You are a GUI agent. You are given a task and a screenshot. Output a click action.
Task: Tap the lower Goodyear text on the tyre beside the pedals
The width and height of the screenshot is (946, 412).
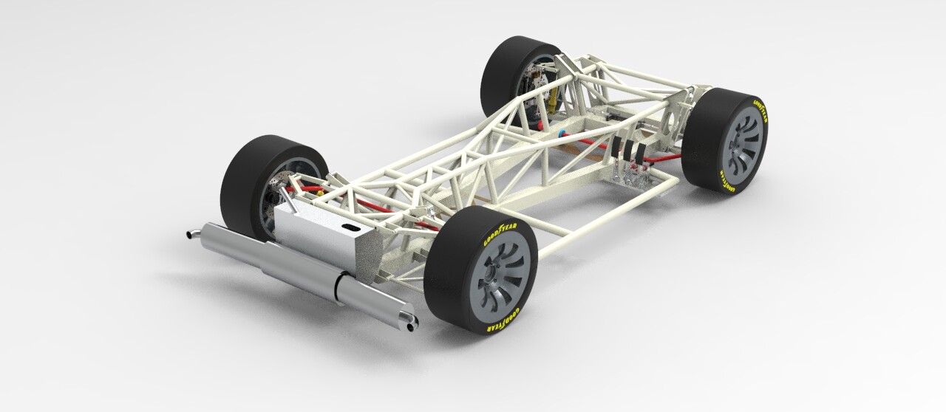tap(731, 185)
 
